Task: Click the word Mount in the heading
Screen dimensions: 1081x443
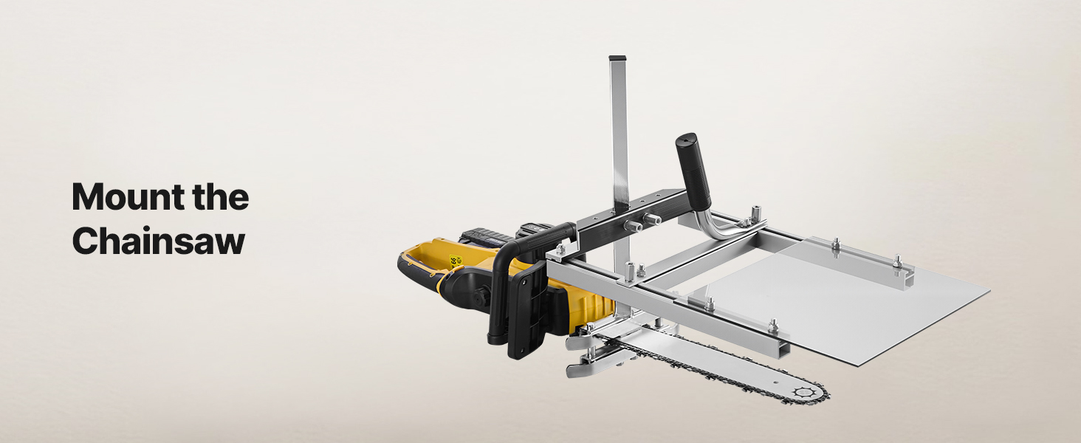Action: click(x=128, y=197)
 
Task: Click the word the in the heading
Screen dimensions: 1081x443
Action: click(x=220, y=197)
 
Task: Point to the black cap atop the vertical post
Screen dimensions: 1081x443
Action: click(x=617, y=58)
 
